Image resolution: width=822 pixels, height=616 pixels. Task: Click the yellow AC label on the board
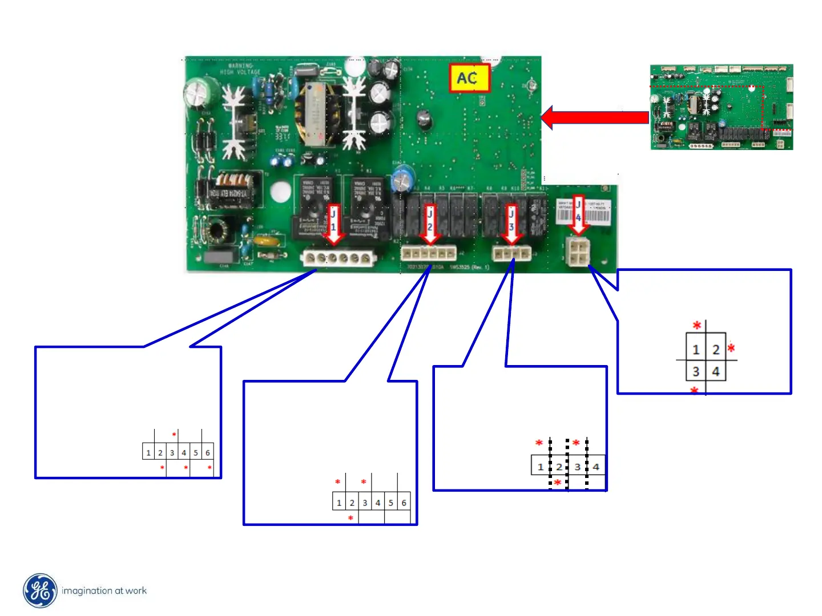pos(469,78)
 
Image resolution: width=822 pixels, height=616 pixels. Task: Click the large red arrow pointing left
pos(594,117)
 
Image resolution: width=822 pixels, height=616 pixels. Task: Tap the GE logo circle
pos(40,591)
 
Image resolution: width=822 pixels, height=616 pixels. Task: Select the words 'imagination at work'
pos(104,591)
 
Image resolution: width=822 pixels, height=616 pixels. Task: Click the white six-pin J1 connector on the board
pos(338,258)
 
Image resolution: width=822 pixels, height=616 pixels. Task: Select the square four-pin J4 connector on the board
pos(578,252)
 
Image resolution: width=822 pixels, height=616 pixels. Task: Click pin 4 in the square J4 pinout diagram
pos(716,372)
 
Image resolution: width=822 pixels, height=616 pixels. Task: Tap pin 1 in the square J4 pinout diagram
pos(696,350)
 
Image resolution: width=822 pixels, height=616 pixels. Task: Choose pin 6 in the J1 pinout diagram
pos(208,453)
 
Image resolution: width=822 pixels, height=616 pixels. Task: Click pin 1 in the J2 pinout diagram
pos(339,502)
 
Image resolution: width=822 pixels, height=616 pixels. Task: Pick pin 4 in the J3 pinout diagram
pos(596,467)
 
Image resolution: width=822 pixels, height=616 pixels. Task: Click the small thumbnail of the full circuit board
pos(722,107)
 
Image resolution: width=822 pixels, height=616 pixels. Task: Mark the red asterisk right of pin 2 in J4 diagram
pos(731,348)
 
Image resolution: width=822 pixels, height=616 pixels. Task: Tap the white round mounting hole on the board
pos(281,192)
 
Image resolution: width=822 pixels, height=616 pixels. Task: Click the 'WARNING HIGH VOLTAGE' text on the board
pos(240,69)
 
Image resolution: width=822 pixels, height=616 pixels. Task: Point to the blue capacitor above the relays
pos(402,178)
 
